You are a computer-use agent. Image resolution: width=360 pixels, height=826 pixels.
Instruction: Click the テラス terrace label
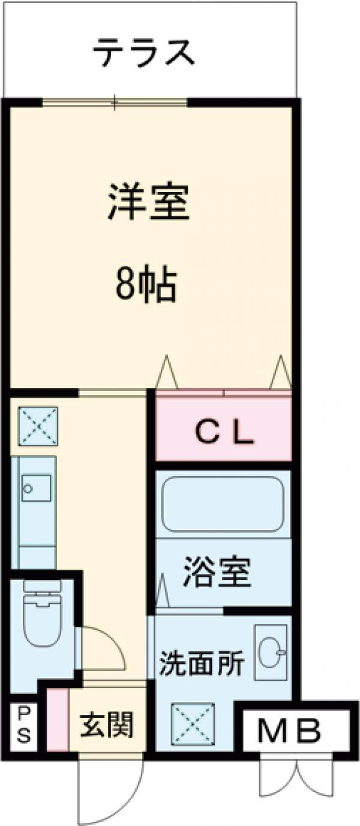pyautogui.click(x=144, y=52)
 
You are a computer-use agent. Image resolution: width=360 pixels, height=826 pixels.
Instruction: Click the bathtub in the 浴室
pyautogui.click(x=222, y=504)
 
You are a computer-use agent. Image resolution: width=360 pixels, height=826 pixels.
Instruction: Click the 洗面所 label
pyautogui.click(x=202, y=663)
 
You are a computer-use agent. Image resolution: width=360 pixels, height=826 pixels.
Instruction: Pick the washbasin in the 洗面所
pyautogui.click(x=271, y=652)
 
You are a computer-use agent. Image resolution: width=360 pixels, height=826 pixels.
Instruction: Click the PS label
pyautogui.click(x=22, y=725)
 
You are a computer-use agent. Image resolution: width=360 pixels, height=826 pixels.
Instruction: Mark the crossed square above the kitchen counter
pyautogui.click(x=37, y=426)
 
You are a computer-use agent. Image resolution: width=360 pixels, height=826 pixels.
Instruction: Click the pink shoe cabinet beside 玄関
pyautogui.click(x=58, y=720)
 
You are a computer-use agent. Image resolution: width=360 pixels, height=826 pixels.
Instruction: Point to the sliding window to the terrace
pyautogui.click(x=115, y=103)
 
